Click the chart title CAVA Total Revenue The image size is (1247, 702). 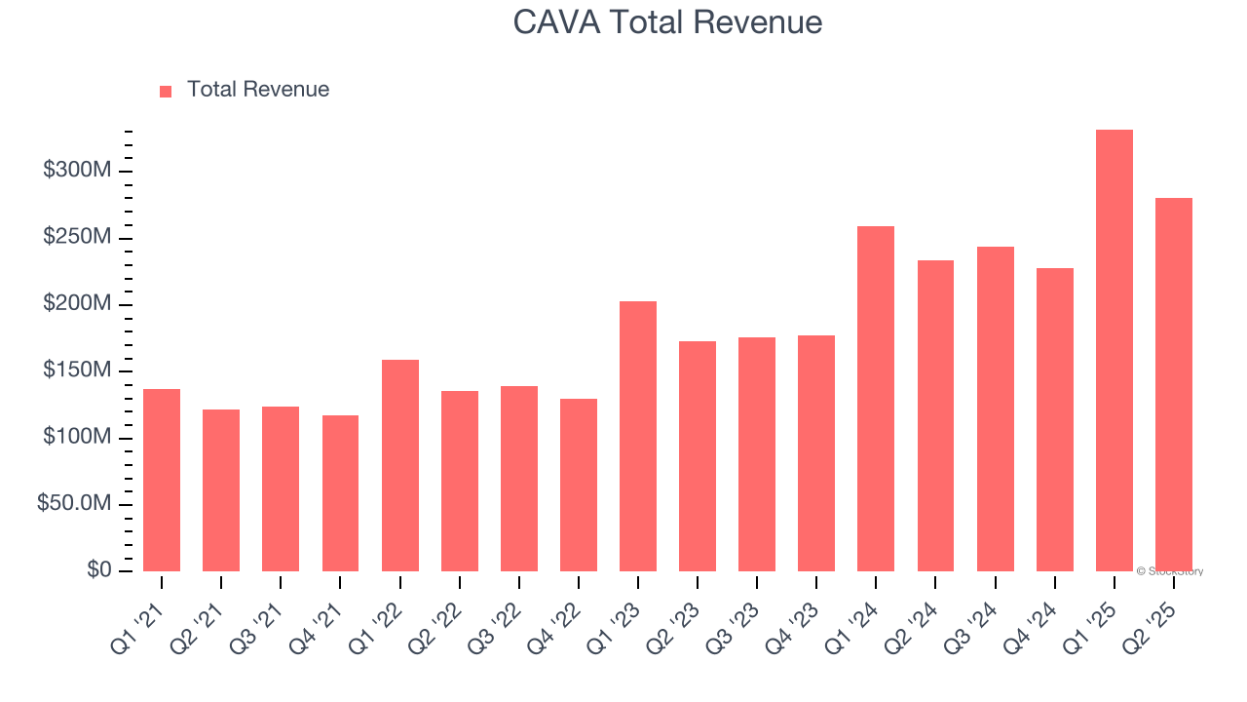tap(667, 21)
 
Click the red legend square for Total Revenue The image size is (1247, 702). tap(166, 91)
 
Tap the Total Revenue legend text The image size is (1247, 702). tap(257, 90)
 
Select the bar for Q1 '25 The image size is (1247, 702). tap(1114, 350)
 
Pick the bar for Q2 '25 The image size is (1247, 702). tap(1173, 384)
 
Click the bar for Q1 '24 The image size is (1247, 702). tap(876, 399)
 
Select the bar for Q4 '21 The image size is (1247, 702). tap(340, 493)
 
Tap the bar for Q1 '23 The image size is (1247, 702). tap(638, 436)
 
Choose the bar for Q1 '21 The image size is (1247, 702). tap(162, 480)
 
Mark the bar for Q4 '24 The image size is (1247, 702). tap(1054, 419)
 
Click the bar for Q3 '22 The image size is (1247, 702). tap(519, 479)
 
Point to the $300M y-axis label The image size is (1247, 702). tap(77, 171)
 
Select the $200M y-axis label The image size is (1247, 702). tap(77, 304)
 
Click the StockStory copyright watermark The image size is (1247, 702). tap(1169, 571)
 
